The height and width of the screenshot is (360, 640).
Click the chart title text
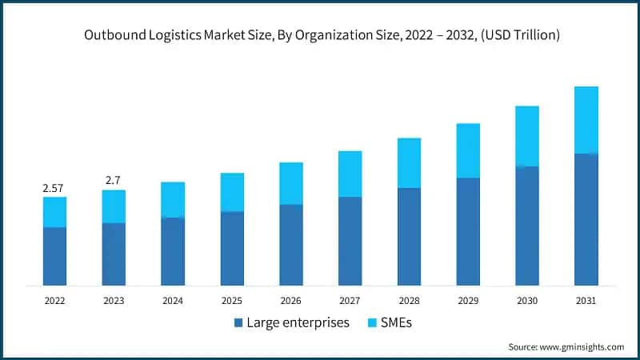click(319, 35)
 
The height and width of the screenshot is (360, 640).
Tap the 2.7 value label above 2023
click(114, 180)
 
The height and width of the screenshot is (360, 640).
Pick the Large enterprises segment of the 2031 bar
click(586, 219)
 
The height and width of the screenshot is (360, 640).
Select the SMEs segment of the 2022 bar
click(54, 212)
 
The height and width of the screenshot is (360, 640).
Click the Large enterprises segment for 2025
click(232, 248)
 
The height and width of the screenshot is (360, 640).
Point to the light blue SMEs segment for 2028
click(409, 163)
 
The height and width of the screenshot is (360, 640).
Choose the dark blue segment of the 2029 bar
click(468, 231)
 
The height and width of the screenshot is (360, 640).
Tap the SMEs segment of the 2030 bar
click(527, 136)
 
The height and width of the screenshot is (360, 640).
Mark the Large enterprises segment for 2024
click(173, 251)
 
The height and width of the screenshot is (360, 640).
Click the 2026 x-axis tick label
click(291, 301)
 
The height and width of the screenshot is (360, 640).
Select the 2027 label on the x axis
click(350, 301)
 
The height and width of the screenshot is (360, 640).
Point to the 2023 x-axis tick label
click(114, 301)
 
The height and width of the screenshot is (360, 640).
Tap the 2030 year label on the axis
click(527, 301)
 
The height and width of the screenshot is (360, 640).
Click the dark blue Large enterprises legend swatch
click(238, 323)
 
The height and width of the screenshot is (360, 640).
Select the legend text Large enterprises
click(298, 323)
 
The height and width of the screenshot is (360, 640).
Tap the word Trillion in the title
click(530, 35)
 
